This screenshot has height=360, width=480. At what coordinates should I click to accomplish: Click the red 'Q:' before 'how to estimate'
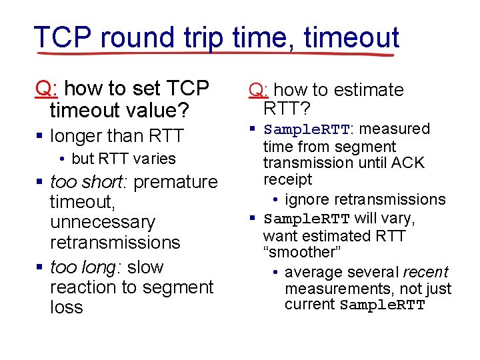[x=259, y=90]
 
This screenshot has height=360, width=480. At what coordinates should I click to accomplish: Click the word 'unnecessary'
[x=102, y=222]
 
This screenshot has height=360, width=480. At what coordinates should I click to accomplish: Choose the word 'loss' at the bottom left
[x=66, y=307]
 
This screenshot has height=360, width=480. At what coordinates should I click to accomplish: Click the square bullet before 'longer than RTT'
[x=39, y=137]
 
